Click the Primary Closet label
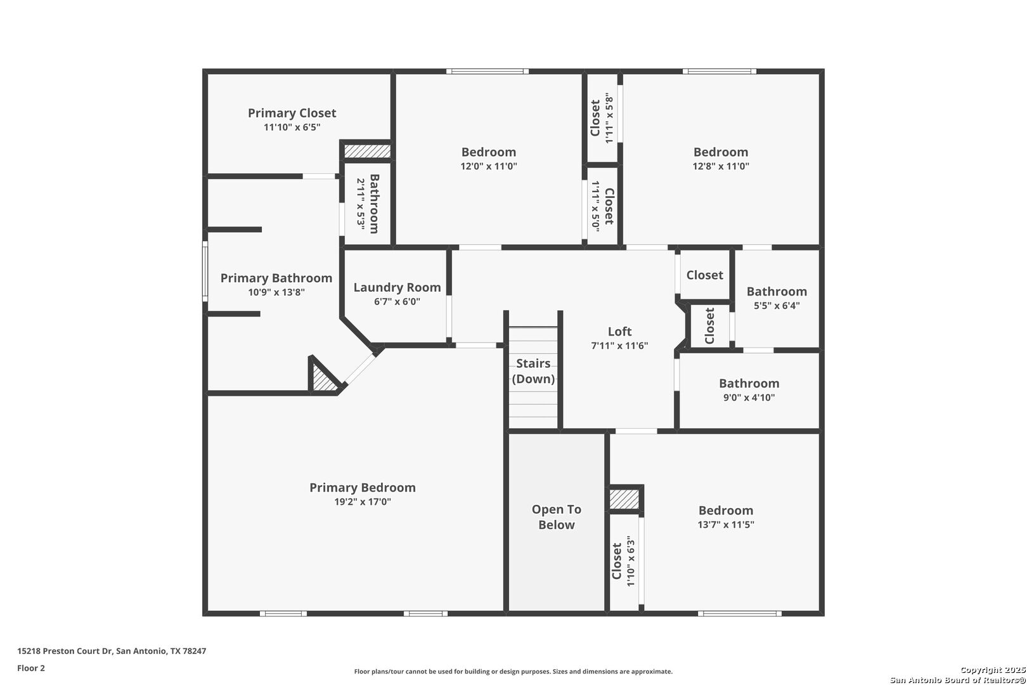(292, 113)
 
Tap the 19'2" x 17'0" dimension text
(363, 502)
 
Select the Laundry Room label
(397, 288)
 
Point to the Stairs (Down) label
(533, 370)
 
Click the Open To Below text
(557, 517)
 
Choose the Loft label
(620, 331)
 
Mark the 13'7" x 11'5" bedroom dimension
(726, 525)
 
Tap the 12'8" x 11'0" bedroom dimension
(721, 166)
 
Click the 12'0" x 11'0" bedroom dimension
(489, 166)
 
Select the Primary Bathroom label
(276, 278)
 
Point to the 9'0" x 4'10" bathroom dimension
(749, 397)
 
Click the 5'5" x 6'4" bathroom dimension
(777, 305)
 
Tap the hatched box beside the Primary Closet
(367, 152)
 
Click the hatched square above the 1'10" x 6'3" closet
(624, 499)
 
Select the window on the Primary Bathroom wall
(205, 271)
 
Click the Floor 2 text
(31, 668)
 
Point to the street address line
(112, 651)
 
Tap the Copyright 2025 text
(993, 670)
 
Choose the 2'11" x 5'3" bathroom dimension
(361, 204)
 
